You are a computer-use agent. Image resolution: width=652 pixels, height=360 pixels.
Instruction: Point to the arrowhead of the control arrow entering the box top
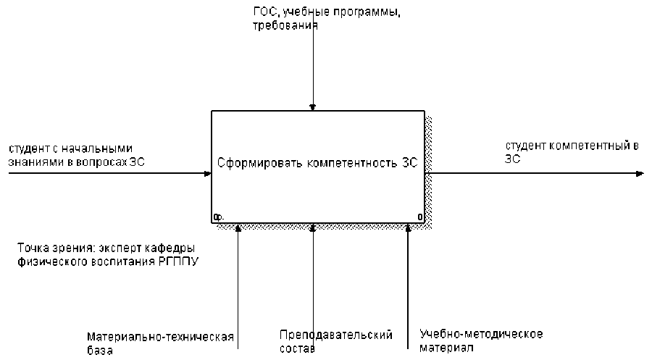[x=313, y=106]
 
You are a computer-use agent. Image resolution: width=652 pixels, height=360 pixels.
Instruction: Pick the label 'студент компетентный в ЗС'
[x=572, y=151]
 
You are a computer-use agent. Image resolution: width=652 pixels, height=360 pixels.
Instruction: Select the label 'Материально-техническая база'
[x=160, y=343]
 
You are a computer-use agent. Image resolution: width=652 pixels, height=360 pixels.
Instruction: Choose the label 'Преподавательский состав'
[x=335, y=341]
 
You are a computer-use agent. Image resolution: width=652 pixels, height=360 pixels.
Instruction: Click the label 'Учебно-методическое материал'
[x=481, y=340]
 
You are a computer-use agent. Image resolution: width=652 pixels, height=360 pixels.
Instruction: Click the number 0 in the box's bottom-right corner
[x=420, y=217]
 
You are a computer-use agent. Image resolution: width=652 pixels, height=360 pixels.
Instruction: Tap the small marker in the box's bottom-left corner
[x=218, y=217]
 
